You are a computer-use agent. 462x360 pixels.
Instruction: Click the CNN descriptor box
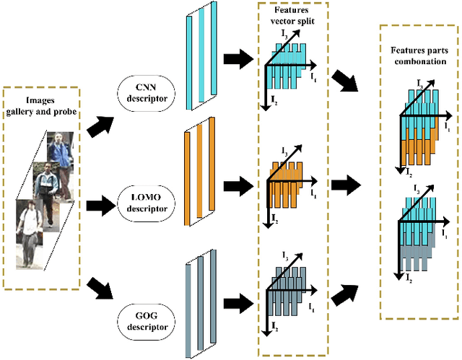[x=145, y=94]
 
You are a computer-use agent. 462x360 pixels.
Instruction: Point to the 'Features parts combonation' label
[x=419, y=56]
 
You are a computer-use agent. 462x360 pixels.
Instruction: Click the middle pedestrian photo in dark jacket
[x=46, y=188]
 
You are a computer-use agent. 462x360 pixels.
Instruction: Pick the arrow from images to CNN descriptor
[x=99, y=127]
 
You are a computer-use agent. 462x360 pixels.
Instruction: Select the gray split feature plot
[x=290, y=292]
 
